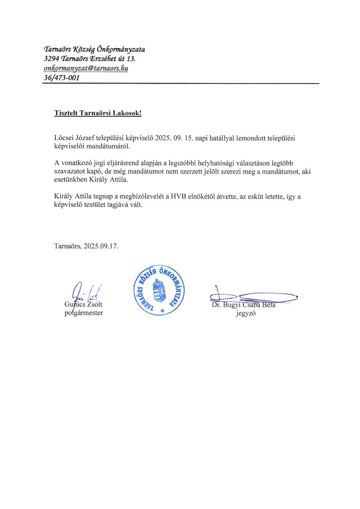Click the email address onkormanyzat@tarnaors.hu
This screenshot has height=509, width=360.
tap(86, 68)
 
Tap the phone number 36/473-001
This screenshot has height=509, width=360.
tap(61, 78)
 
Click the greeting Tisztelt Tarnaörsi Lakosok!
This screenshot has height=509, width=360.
tap(98, 113)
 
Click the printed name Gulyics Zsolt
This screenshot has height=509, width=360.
tap(83, 305)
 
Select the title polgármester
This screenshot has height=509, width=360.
tap(83, 313)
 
